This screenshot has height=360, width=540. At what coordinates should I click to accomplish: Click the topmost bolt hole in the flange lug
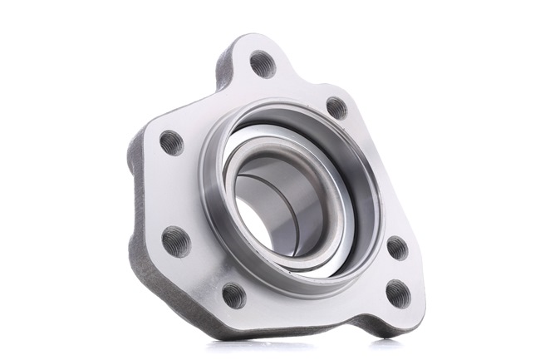pyautogui.click(x=263, y=64)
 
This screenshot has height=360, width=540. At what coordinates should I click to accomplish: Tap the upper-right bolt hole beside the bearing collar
pyautogui.click(x=336, y=107)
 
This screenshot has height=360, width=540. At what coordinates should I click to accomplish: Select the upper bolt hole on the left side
pyautogui.click(x=171, y=143)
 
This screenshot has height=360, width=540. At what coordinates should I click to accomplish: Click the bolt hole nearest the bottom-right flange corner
pyautogui.click(x=398, y=293)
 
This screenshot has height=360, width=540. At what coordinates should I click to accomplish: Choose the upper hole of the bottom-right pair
pyautogui.click(x=397, y=248)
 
